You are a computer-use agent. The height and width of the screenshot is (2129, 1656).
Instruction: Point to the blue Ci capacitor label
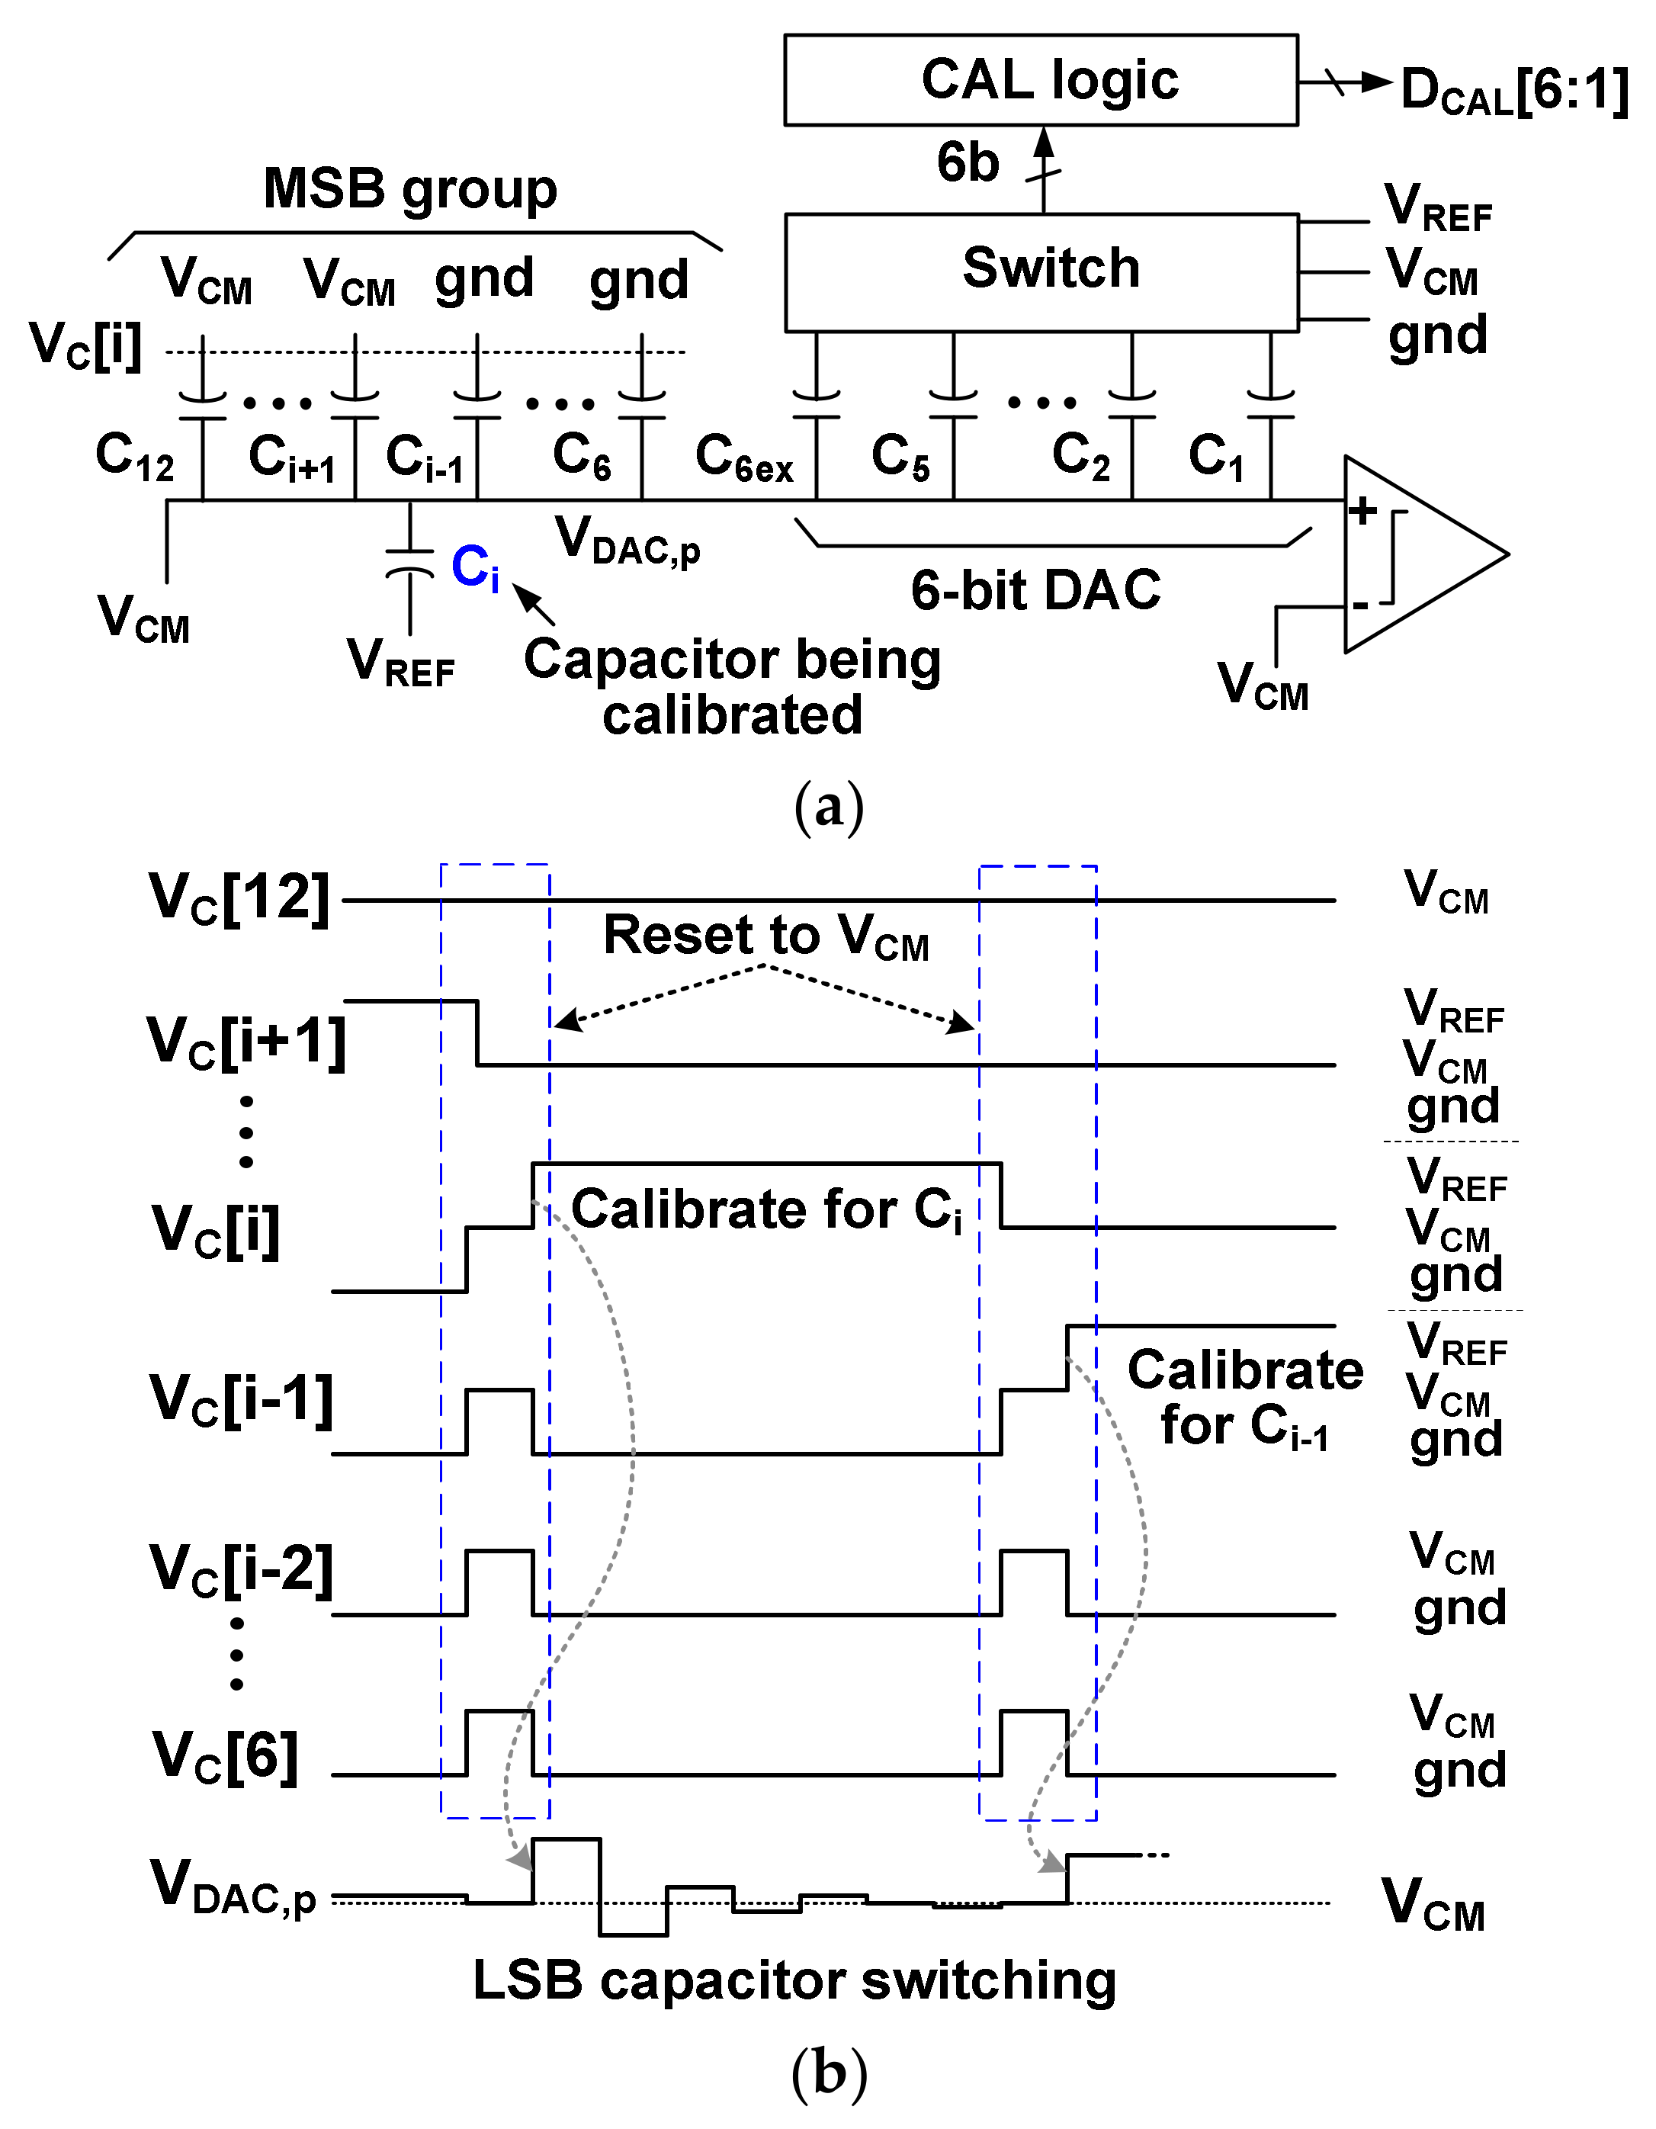(x=476, y=567)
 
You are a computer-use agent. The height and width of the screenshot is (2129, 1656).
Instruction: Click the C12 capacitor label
(x=134, y=456)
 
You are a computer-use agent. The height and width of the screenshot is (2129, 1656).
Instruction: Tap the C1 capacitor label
(x=1216, y=456)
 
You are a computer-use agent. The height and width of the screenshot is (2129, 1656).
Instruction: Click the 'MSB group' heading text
(x=410, y=188)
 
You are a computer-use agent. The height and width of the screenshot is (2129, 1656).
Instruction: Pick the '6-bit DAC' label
(x=1036, y=589)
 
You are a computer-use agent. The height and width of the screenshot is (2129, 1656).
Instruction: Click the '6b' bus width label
(x=968, y=162)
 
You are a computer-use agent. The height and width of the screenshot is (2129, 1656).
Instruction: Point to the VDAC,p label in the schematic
(x=627, y=540)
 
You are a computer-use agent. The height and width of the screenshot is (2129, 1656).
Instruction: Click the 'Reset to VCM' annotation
(x=766, y=937)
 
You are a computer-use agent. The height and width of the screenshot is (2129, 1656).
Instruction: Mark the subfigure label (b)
(x=829, y=2074)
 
